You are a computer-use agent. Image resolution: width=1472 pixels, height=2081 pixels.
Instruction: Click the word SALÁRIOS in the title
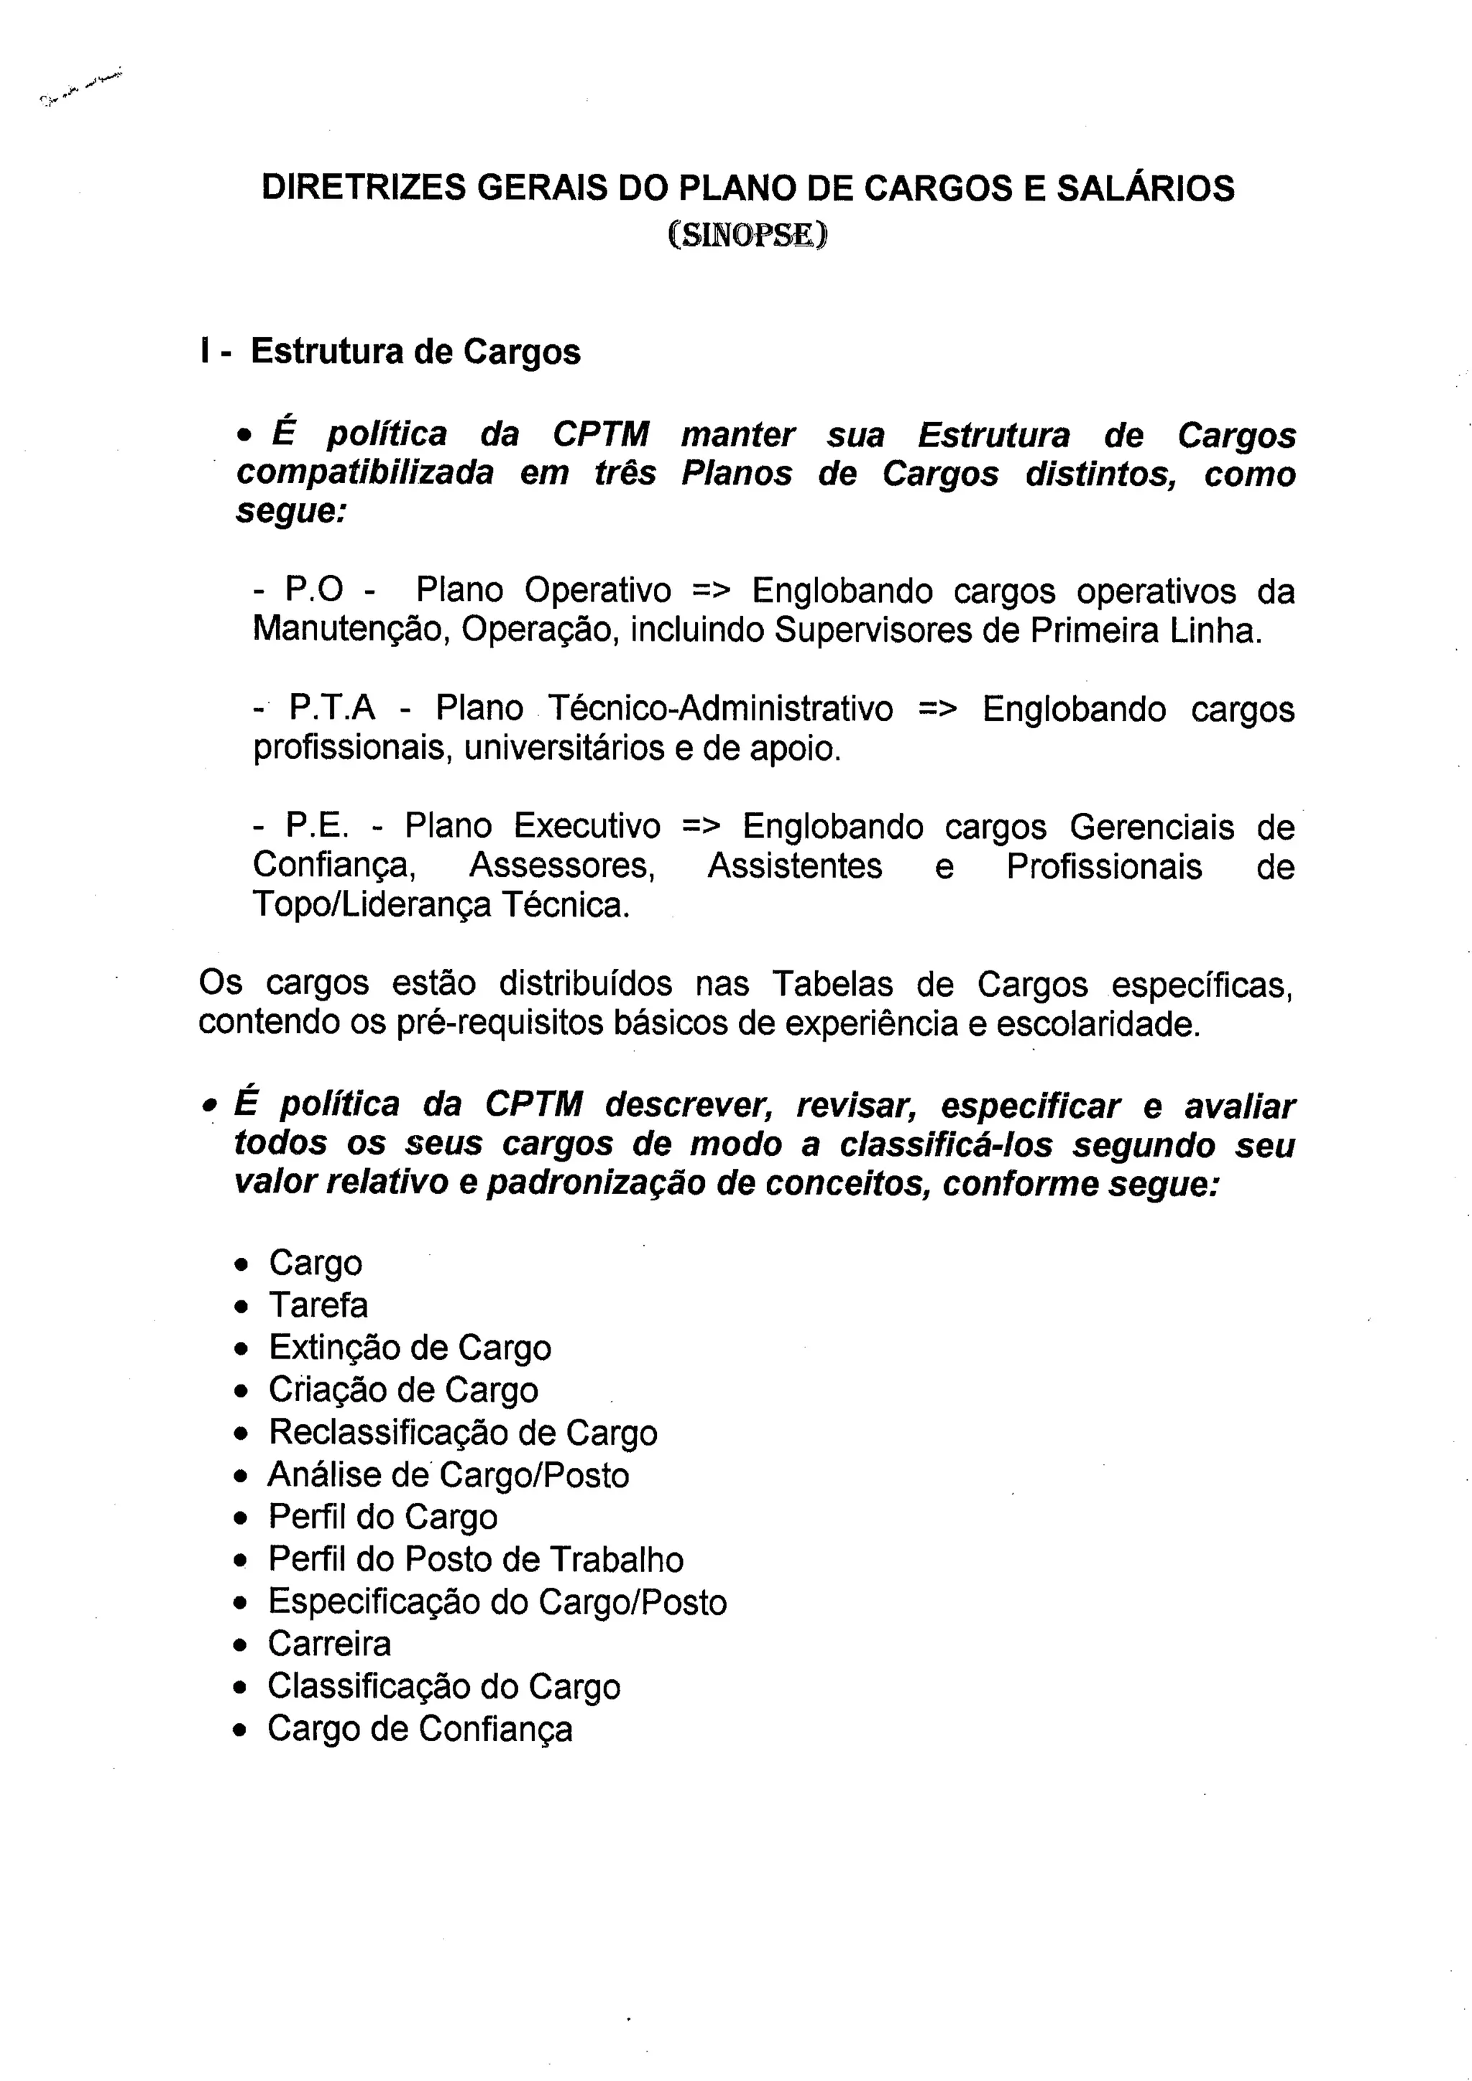pos(1145,188)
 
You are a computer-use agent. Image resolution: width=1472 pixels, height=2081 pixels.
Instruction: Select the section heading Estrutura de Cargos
pos(415,352)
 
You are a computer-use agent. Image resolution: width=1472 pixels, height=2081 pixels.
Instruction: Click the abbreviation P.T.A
pos(332,708)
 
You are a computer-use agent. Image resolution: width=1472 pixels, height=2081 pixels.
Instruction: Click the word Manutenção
pos(351,629)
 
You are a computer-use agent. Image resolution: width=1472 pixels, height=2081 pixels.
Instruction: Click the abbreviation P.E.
pos(316,826)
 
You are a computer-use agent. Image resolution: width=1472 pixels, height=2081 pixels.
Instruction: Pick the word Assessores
pos(562,865)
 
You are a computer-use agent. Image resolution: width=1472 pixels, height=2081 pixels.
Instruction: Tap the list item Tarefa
pos(318,1305)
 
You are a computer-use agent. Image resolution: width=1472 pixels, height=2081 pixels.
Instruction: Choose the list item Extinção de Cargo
pos(410,1348)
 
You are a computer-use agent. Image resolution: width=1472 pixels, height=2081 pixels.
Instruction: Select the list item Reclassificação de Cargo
pos(462,1433)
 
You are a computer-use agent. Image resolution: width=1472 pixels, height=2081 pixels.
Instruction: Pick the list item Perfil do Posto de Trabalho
pos(476,1560)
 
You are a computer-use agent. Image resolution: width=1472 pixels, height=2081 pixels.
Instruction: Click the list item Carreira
pos(329,1644)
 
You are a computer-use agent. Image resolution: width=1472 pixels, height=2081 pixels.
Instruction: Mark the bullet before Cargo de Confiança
pos(240,1731)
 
